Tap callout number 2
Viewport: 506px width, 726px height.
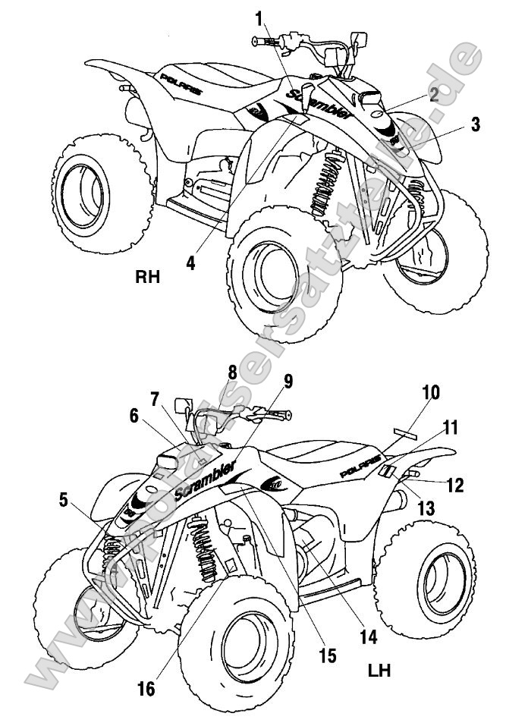tap(432, 95)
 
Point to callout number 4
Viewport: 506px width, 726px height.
tap(190, 262)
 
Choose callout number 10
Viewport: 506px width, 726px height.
tap(431, 394)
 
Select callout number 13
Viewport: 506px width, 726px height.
tap(426, 508)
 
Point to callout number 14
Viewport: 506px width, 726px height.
tap(368, 638)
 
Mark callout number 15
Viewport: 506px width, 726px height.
tap(327, 655)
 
